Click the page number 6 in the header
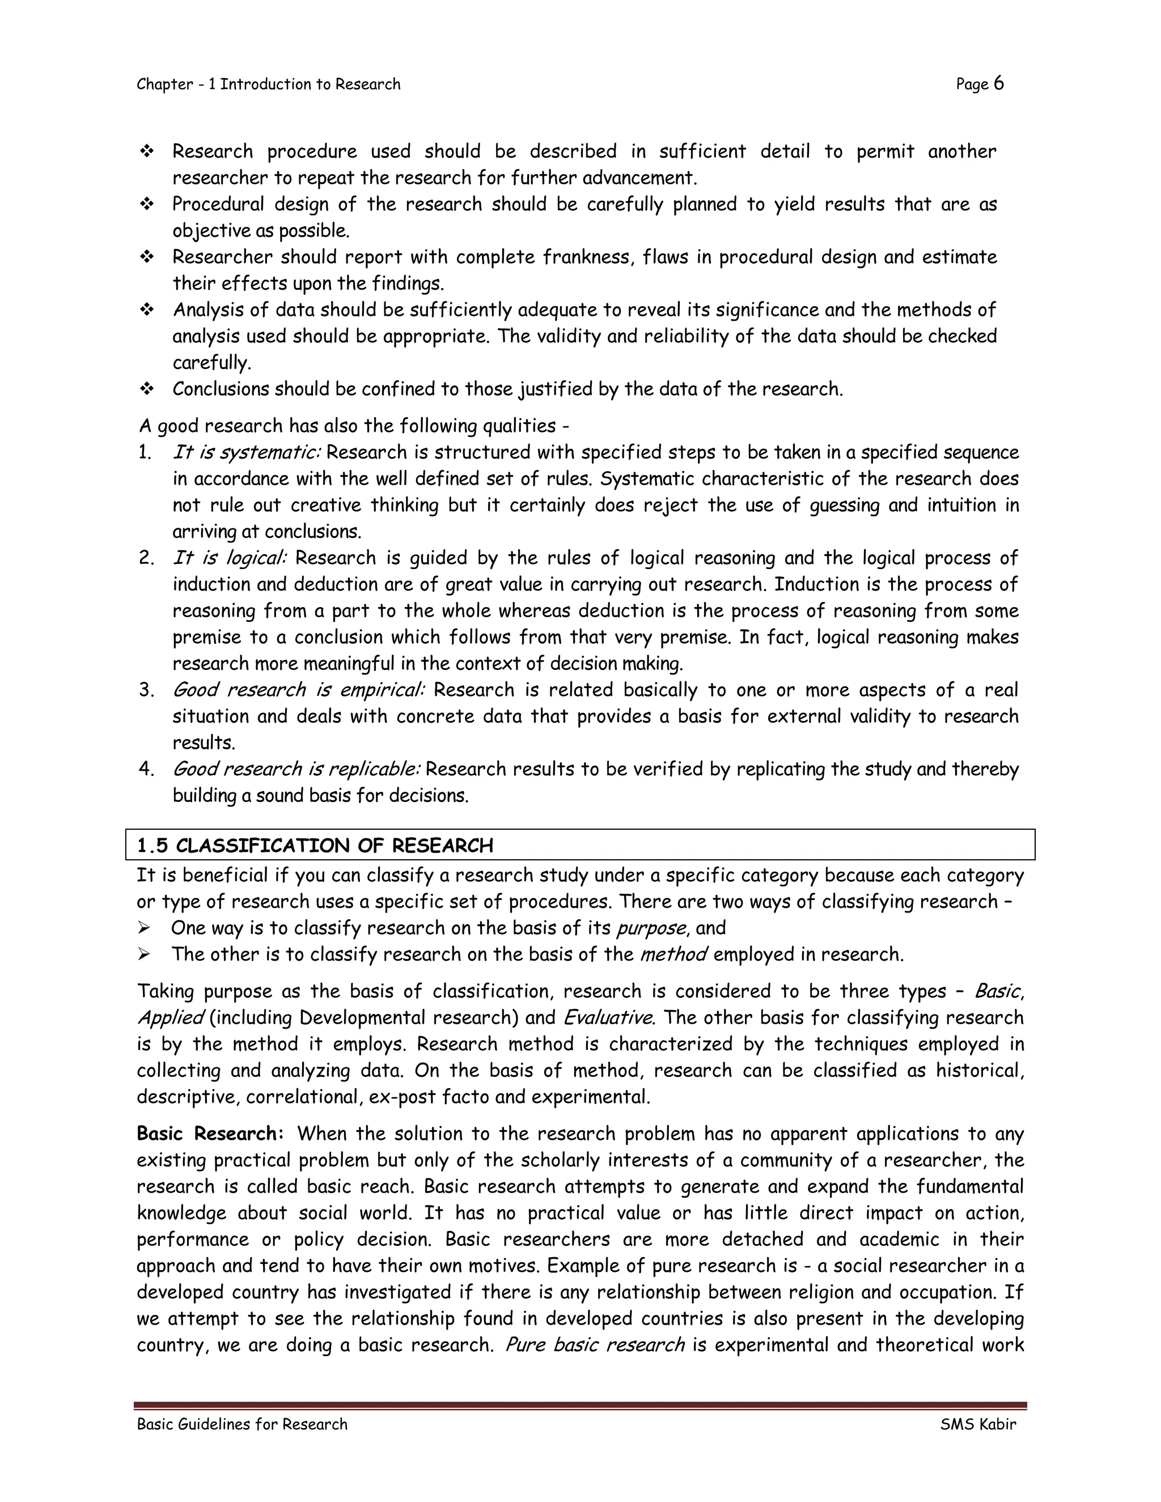click(x=998, y=84)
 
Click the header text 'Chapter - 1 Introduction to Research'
click(x=268, y=84)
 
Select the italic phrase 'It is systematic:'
click(x=246, y=452)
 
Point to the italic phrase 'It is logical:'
click(x=229, y=558)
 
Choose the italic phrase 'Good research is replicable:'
click(x=296, y=769)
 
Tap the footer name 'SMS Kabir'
click(x=977, y=1424)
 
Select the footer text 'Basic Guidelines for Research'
click(x=242, y=1424)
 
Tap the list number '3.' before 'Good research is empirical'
click(x=146, y=690)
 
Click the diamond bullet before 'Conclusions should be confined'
click(x=146, y=389)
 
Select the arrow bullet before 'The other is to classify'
click(x=144, y=954)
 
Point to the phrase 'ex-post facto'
click(x=419, y=1096)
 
